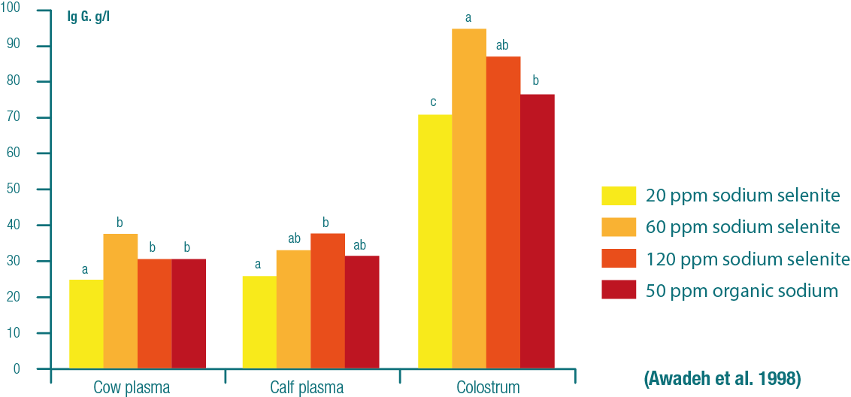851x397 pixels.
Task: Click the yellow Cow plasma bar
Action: tap(86, 324)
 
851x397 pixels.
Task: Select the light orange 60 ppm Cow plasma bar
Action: tap(120, 301)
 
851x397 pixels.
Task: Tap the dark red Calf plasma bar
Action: tap(362, 312)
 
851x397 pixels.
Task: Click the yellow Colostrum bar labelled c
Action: tap(435, 241)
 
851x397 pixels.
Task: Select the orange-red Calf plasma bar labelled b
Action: tap(328, 301)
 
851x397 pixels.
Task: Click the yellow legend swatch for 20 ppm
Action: tap(618, 195)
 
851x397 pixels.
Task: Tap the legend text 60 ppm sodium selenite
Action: tap(743, 227)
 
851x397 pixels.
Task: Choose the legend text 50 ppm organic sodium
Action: tap(741, 290)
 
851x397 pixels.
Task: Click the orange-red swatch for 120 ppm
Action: tap(618, 259)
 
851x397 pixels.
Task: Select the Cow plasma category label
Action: tap(132, 388)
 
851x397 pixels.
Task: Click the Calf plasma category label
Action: tap(307, 388)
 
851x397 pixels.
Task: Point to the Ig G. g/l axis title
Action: tap(88, 16)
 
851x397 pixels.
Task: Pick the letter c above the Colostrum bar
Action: tap(434, 102)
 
